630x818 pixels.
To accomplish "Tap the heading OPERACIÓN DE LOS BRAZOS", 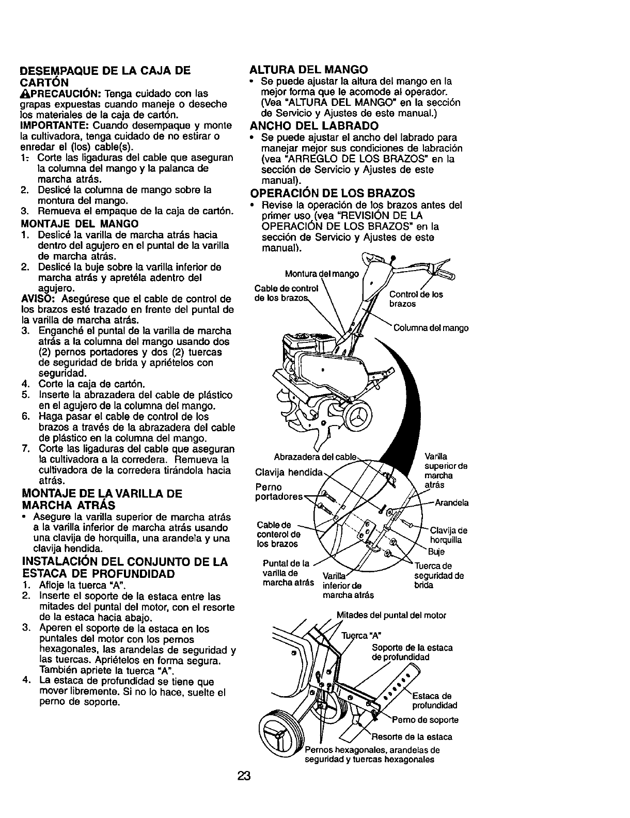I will (x=333, y=193).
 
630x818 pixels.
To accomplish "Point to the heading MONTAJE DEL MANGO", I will (x=80, y=224).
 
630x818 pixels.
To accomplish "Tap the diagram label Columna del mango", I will (x=431, y=328).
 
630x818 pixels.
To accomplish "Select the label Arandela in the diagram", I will (x=451, y=503).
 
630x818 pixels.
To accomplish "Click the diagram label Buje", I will (x=436, y=552).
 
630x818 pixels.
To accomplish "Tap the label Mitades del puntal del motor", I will (x=391, y=615).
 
